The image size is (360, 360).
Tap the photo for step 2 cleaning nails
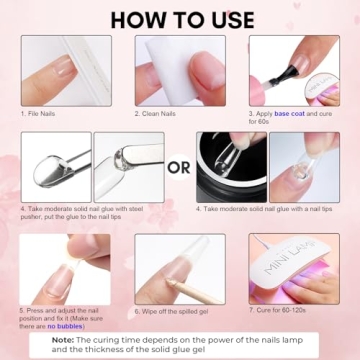pos(179,70)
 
